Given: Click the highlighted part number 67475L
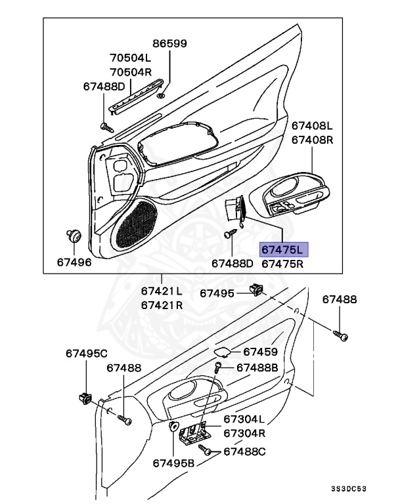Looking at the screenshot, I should coord(284,249).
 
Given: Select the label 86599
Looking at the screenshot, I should coord(170,44).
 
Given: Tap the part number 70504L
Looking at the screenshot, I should coord(130,57).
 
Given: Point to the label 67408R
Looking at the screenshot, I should coord(313,139).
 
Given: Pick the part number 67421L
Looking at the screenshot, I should coord(162,291).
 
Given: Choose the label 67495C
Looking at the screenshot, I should coord(86,354).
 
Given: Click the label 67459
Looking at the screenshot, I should coord(260,352).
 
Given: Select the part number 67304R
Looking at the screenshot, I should coord(244,433).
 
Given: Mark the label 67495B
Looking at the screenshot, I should coord(174,463).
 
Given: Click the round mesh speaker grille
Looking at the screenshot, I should coord(137,224).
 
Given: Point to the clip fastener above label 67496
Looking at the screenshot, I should coord(74,235).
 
